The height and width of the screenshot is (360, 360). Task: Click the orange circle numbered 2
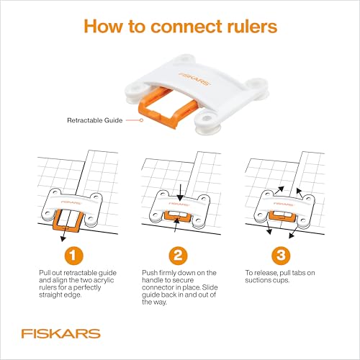pos(179,256)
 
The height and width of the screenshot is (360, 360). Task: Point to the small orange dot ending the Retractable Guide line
pos(143,120)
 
